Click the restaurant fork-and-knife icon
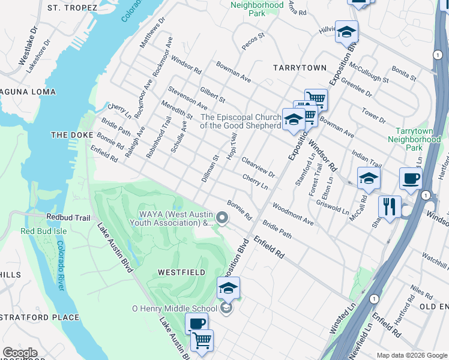point(390,207)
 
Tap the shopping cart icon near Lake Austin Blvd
point(202,340)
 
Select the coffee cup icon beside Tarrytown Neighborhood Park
point(411,178)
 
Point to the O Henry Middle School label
point(174,308)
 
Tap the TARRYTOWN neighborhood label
point(300,68)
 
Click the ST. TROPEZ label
point(72,8)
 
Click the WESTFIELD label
point(181,272)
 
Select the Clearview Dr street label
point(258,167)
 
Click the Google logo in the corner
point(20,353)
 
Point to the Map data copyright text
point(411,355)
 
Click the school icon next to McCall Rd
point(369,178)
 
